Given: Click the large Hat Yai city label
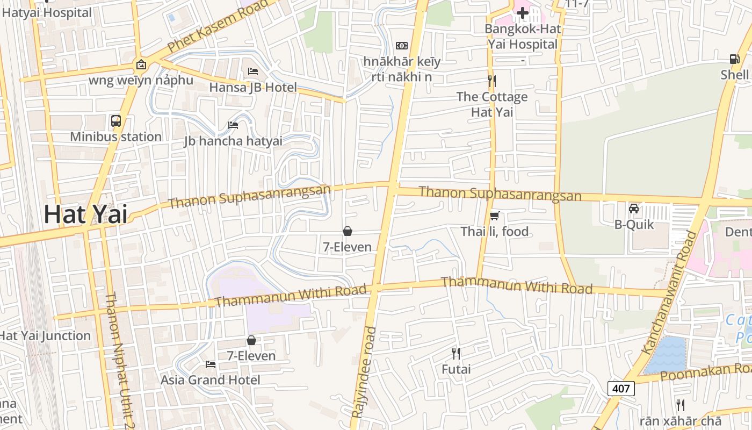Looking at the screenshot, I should pos(86,214).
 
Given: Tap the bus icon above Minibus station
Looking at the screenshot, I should pos(116,120).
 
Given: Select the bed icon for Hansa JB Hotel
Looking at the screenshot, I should pos(253,71).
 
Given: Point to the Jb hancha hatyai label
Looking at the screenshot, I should pos(233,141).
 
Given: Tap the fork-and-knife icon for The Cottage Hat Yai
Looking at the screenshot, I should pos(491,81).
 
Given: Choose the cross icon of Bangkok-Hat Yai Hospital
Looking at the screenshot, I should pos(522,12).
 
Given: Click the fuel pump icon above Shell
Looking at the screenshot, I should pos(734,59).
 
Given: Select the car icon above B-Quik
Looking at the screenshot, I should pos(634,209).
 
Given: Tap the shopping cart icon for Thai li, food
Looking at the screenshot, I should pos(495,216).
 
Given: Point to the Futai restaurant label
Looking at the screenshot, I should pos(456,369).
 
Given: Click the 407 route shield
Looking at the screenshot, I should pos(621,388).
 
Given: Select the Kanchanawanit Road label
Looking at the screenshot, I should pos(669,293).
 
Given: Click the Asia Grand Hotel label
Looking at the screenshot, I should pos(211,380).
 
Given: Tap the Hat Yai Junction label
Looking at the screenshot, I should pos(45,336).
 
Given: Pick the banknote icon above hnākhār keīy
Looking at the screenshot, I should pos(402,46).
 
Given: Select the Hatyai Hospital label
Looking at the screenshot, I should pos(47,12).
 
